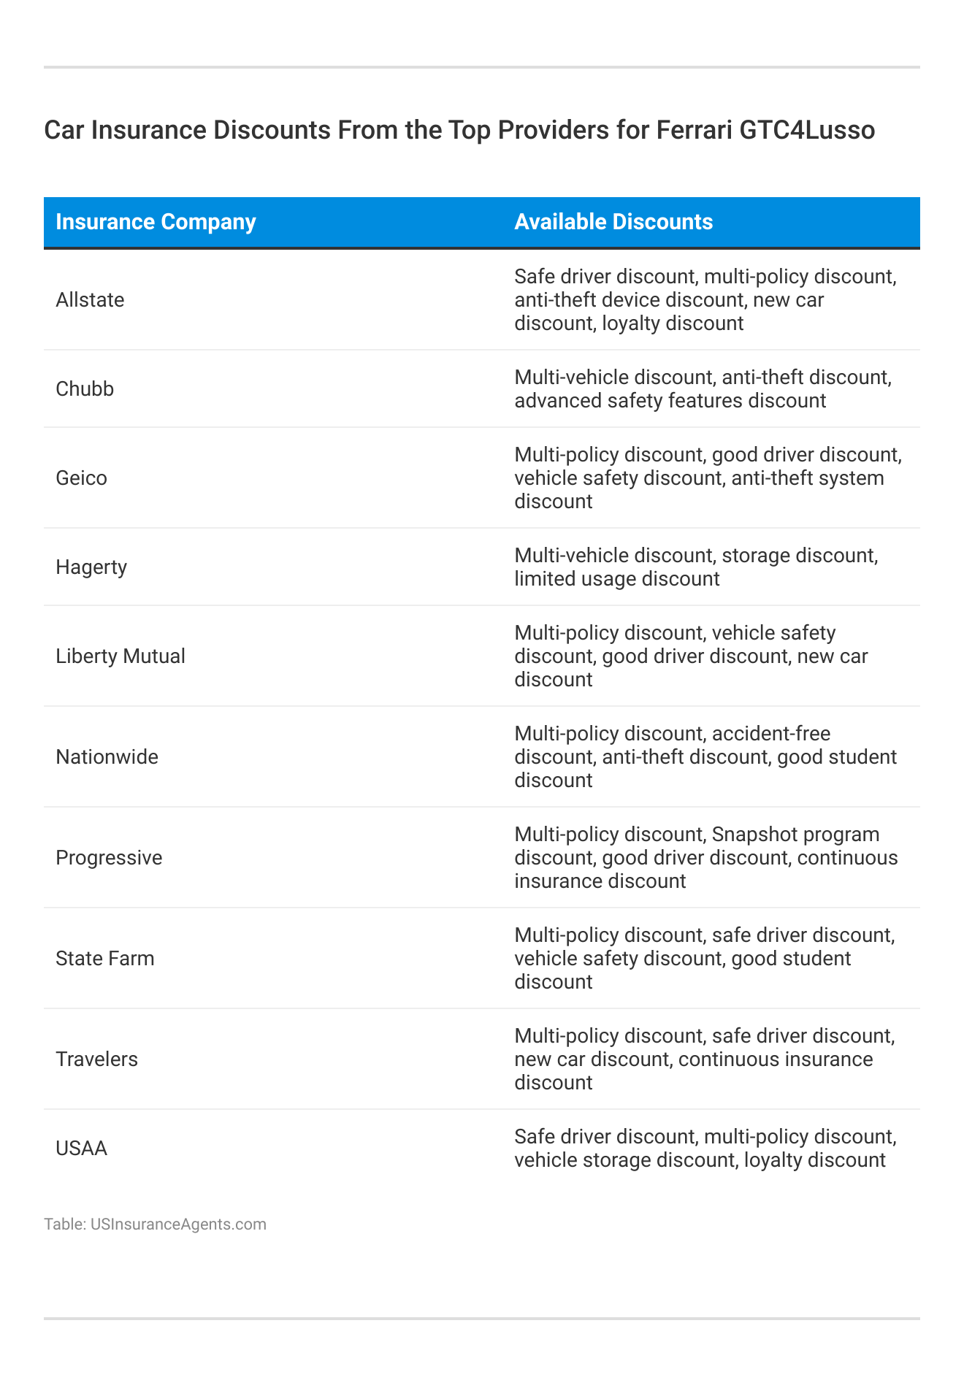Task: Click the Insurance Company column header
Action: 156,222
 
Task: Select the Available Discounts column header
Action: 613,222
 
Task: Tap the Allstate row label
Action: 90,300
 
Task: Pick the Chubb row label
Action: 85,389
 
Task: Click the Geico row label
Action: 81,478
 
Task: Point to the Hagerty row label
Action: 91,567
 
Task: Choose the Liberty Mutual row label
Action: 120,656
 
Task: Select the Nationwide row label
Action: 107,757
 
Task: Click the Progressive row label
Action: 109,858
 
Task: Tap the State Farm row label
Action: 105,959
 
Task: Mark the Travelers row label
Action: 96,1059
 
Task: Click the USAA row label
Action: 81,1149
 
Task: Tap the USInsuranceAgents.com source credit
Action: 178,1224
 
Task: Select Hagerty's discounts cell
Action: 696,567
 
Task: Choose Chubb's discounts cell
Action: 703,389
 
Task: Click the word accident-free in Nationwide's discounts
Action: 771,734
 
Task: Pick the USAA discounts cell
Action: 705,1149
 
